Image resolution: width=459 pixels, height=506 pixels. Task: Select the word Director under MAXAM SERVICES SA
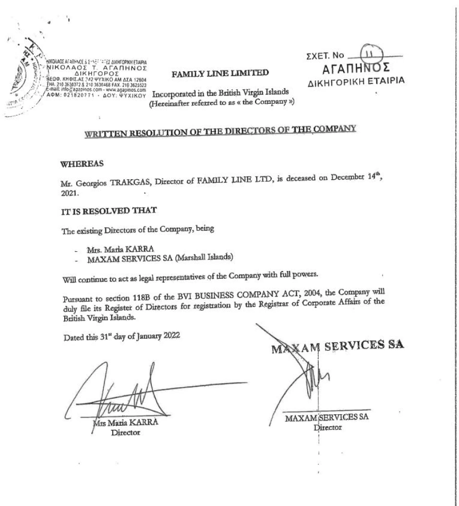point(327,427)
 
